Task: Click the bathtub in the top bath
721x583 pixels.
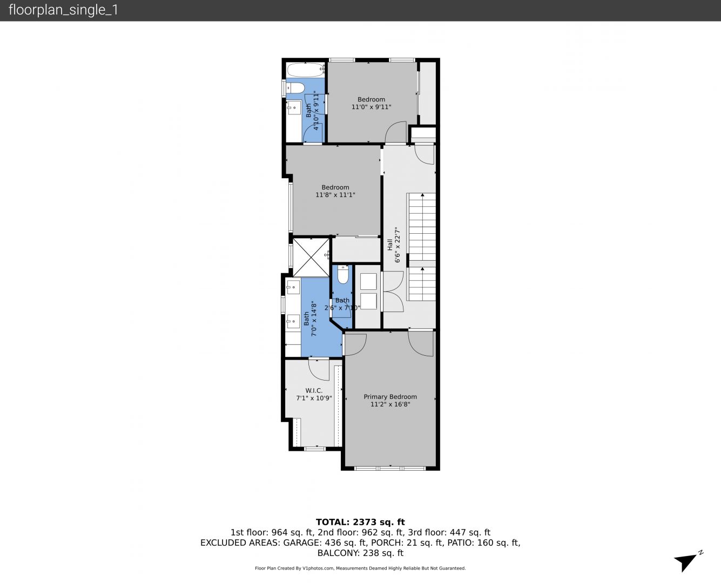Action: tap(306, 70)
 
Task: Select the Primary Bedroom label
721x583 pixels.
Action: tap(390, 397)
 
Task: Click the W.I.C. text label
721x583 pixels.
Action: tap(314, 390)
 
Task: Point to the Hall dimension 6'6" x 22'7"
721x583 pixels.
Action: tap(397, 245)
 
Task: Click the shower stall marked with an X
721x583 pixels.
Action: tap(311, 257)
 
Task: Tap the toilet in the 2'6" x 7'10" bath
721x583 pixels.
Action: tap(343, 275)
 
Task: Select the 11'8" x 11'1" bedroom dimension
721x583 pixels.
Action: tap(335, 194)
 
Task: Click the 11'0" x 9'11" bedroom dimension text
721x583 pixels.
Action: tap(372, 107)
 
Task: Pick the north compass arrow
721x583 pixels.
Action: tap(686, 562)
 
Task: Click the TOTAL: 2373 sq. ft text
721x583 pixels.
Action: tap(360, 522)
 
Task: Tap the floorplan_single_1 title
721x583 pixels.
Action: tap(63, 10)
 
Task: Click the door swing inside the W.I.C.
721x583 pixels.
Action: tap(319, 369)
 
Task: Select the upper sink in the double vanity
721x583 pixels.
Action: tap(293, 288)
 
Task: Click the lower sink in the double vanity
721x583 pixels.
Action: tap(293, 321)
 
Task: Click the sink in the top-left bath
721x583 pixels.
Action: tap(294, 109)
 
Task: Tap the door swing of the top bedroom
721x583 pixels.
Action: tap(396, 132)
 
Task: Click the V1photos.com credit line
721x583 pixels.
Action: tap(360, 568)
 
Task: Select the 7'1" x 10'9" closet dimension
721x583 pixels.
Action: tap(314, 398)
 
